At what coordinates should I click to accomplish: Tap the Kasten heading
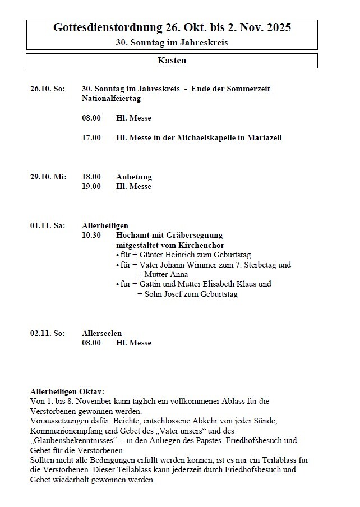[x=172, y=61]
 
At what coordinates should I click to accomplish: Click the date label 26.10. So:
[x=48, y=89]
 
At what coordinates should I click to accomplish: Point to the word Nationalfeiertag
[x=111, y=98]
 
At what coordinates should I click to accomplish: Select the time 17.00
[x=91, y=137]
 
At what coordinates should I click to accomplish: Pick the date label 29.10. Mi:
[x=48, y=177]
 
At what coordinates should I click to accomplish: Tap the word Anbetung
[x=134, y=177]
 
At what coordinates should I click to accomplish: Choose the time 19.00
[x=91, y=186]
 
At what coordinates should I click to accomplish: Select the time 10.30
[x=91, y=235]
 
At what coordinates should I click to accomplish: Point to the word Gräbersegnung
[x=195, y=235]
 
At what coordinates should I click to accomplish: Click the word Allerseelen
[x=101, y=333]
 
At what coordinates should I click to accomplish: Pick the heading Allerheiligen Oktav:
[x=67, y=391]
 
